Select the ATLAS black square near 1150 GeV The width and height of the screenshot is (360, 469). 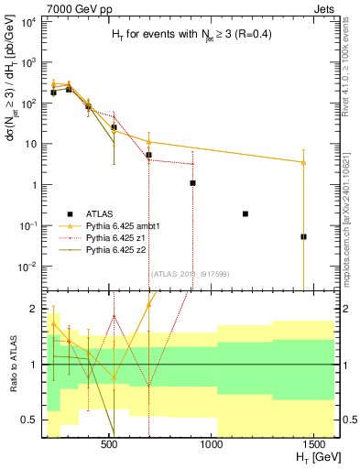245,213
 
